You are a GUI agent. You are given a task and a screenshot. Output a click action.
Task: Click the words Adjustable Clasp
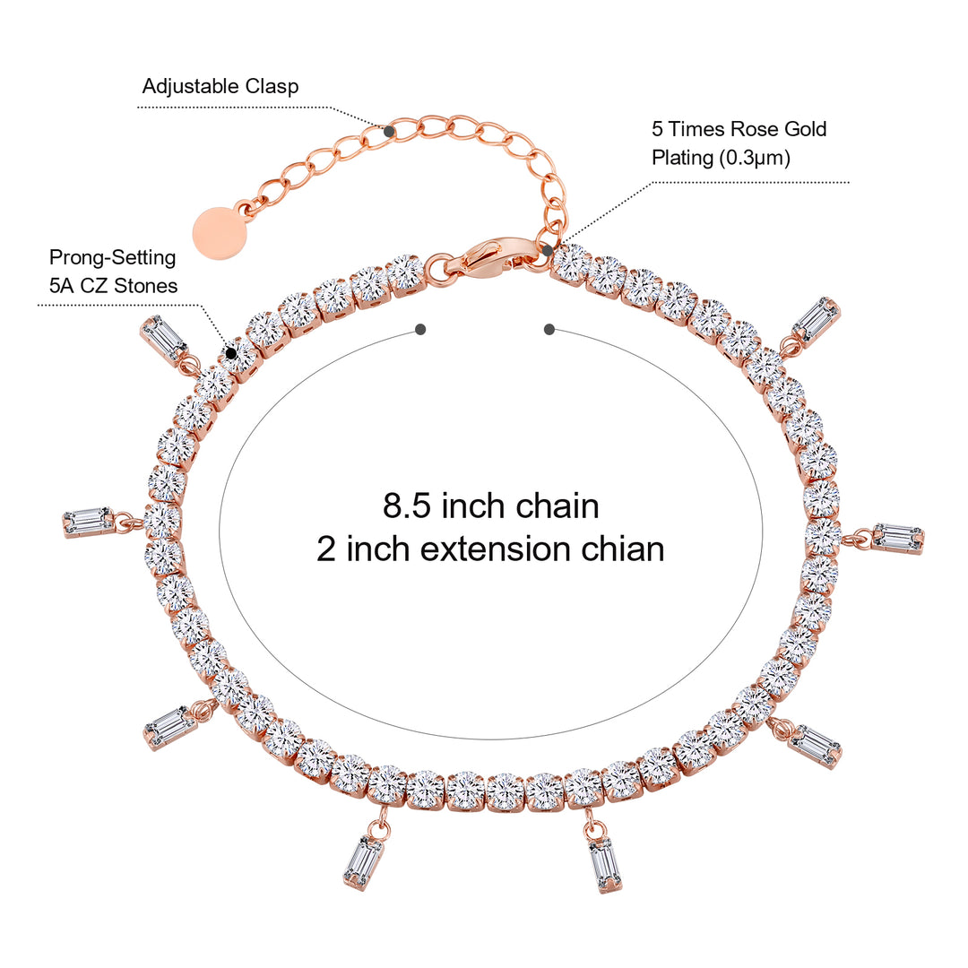coord(220,87)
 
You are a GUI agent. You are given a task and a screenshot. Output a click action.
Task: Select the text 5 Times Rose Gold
coord(739,129)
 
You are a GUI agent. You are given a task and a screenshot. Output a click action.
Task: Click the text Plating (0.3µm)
coord(721,157)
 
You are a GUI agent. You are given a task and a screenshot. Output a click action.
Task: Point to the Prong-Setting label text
coord(112,258)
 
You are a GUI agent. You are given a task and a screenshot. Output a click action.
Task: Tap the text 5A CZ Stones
coord(113,286)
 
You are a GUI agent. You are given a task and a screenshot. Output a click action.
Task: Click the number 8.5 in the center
coord(402,506)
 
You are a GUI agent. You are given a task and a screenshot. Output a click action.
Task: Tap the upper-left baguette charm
coord(164,340)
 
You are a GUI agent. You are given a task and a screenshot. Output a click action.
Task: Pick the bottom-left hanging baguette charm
coord(363,862)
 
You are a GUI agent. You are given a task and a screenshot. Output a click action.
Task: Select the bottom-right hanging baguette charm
coord(605,864)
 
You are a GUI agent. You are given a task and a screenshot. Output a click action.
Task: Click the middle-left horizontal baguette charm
coord(89,522)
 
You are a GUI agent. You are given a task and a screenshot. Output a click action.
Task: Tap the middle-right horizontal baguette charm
coord(897,538)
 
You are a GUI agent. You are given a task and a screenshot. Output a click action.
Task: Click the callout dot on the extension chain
coord(390,131)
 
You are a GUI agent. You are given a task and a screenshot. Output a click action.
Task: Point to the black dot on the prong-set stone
coord(231,353)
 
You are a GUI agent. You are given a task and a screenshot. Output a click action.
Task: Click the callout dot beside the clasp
coord(547,250)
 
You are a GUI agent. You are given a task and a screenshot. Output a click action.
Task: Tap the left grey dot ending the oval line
coord(420,330)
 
